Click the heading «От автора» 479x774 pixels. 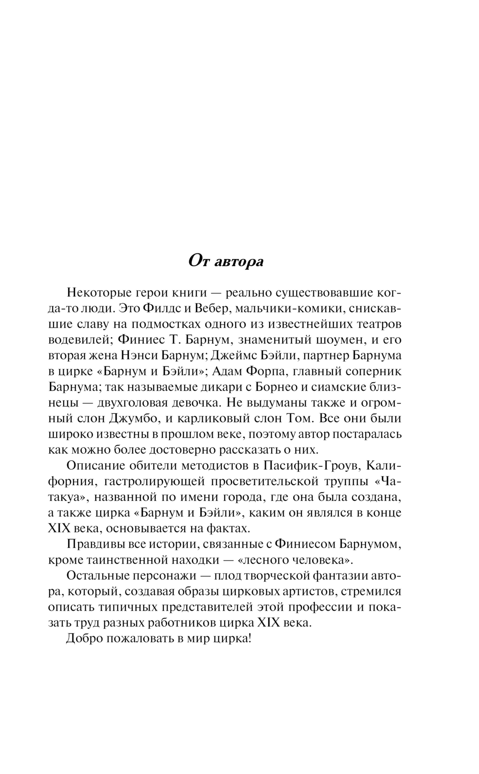[x=226, y=262]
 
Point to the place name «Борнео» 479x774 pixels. [x=271, y=387]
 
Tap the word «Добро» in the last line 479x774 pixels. [x=82, y=639]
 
